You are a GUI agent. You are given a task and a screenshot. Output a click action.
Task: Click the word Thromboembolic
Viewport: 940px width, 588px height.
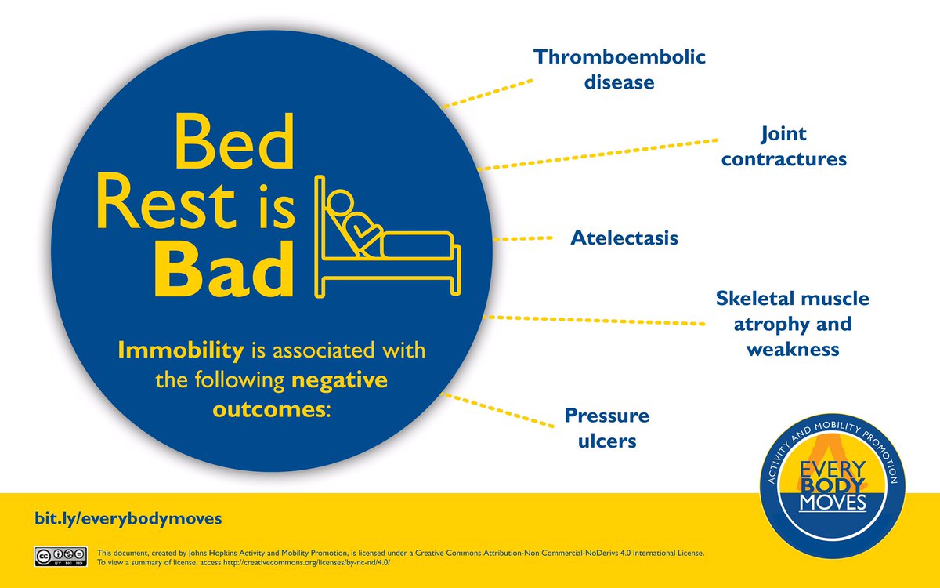(x=620, y=57)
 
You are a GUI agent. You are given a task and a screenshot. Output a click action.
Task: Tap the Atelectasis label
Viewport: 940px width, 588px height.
(x=624, y=238)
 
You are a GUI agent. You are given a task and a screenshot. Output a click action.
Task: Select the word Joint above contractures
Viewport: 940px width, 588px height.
(x=783, y=134)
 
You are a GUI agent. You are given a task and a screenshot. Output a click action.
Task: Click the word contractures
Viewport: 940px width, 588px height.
(x=784, y=159)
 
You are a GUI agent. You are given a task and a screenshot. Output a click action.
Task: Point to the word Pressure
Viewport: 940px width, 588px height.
(x=607, y=416)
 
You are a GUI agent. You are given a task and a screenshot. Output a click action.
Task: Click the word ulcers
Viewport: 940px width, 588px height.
(x=607, y=441)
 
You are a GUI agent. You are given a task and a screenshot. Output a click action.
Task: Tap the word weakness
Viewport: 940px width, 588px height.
(x=793, y=350)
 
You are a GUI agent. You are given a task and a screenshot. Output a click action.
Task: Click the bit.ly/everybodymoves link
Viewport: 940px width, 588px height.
(x=128, y=519)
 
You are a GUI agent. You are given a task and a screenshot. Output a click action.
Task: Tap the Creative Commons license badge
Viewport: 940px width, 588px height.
(x=61, y=557)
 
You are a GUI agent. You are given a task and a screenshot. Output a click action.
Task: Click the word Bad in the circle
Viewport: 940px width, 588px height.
(x=225, y=269)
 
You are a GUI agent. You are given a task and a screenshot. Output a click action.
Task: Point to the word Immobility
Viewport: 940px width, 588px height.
(x=181, y=350)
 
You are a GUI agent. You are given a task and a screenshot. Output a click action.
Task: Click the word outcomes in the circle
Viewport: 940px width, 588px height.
(x=269, y=409)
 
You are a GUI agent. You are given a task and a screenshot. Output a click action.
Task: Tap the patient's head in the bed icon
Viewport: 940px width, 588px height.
(x=341, y=201)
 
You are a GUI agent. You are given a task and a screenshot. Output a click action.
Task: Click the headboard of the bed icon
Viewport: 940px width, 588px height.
(x=320, y=237)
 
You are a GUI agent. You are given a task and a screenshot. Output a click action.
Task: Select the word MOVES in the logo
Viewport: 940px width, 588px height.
(x=833, y=503)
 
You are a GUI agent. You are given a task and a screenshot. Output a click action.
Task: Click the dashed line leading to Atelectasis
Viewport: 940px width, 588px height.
(x=523, y=238)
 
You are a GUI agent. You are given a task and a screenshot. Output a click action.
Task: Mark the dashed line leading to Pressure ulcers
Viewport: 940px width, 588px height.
(x=497, y=410)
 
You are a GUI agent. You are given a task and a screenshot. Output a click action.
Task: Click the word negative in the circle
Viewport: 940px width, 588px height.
(x=339, y=380)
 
